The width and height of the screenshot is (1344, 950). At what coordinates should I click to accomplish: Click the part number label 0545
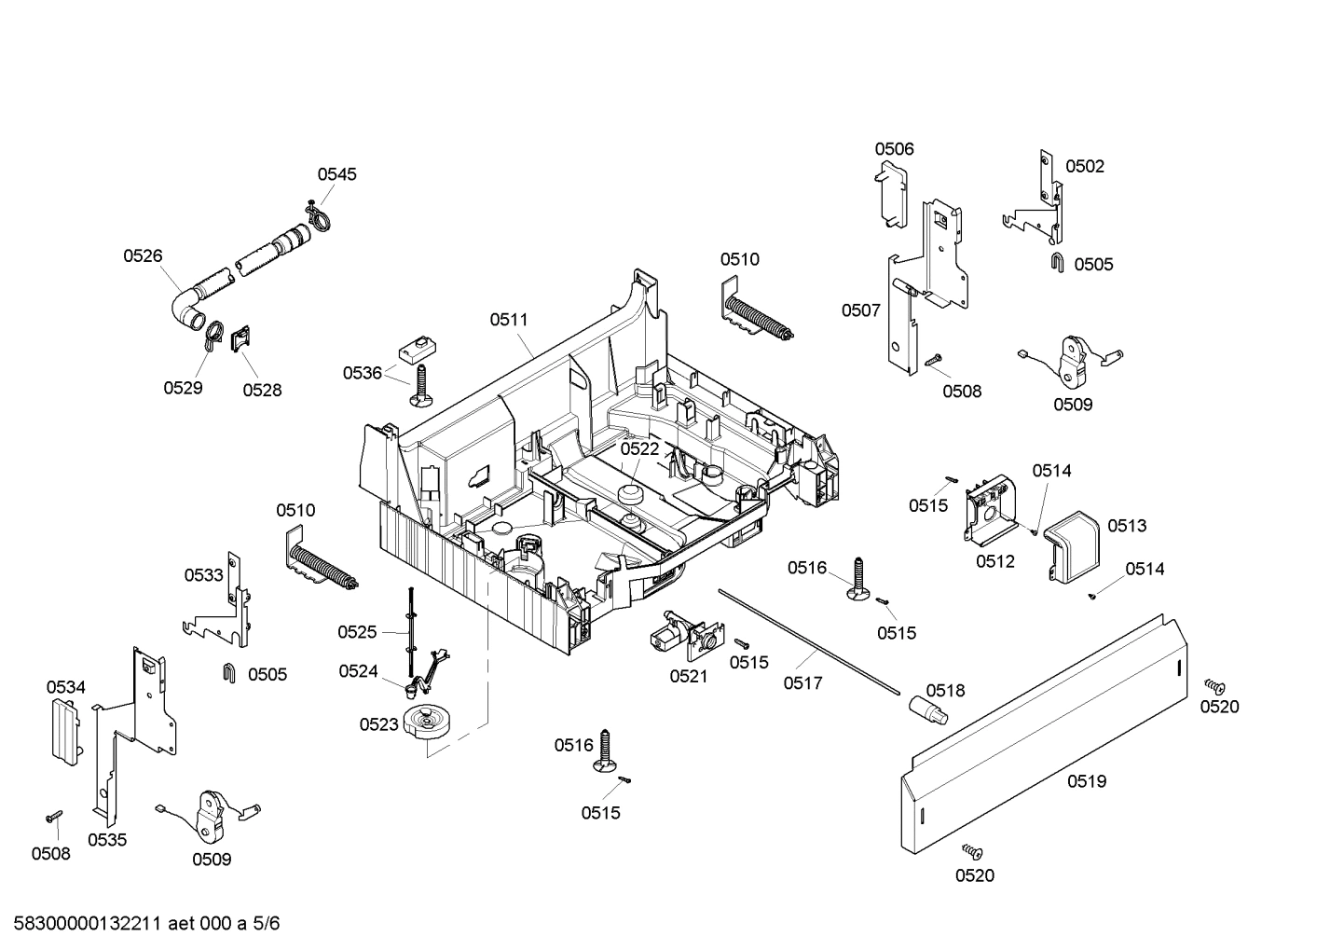336,174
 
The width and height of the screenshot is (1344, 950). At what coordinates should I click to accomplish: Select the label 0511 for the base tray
509,320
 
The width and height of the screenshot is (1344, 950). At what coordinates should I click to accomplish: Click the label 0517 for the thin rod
802,683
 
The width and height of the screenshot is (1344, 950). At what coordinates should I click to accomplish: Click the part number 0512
995,561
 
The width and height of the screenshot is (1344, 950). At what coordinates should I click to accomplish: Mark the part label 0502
1085,166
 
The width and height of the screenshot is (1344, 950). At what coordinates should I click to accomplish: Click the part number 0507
860,310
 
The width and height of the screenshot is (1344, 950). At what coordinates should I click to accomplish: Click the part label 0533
203,575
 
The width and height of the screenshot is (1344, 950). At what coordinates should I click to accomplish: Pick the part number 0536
362,373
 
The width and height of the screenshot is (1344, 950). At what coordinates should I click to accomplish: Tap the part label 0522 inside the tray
639,448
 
